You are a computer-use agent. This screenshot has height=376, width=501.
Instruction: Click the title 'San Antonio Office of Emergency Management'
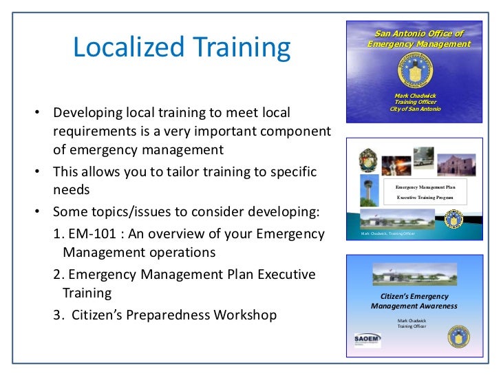418,39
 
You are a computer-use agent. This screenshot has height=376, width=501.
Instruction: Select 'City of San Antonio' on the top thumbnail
415,109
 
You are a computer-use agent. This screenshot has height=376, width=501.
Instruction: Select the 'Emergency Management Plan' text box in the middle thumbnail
429,191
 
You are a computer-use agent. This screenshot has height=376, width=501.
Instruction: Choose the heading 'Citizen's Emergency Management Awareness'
414,301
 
